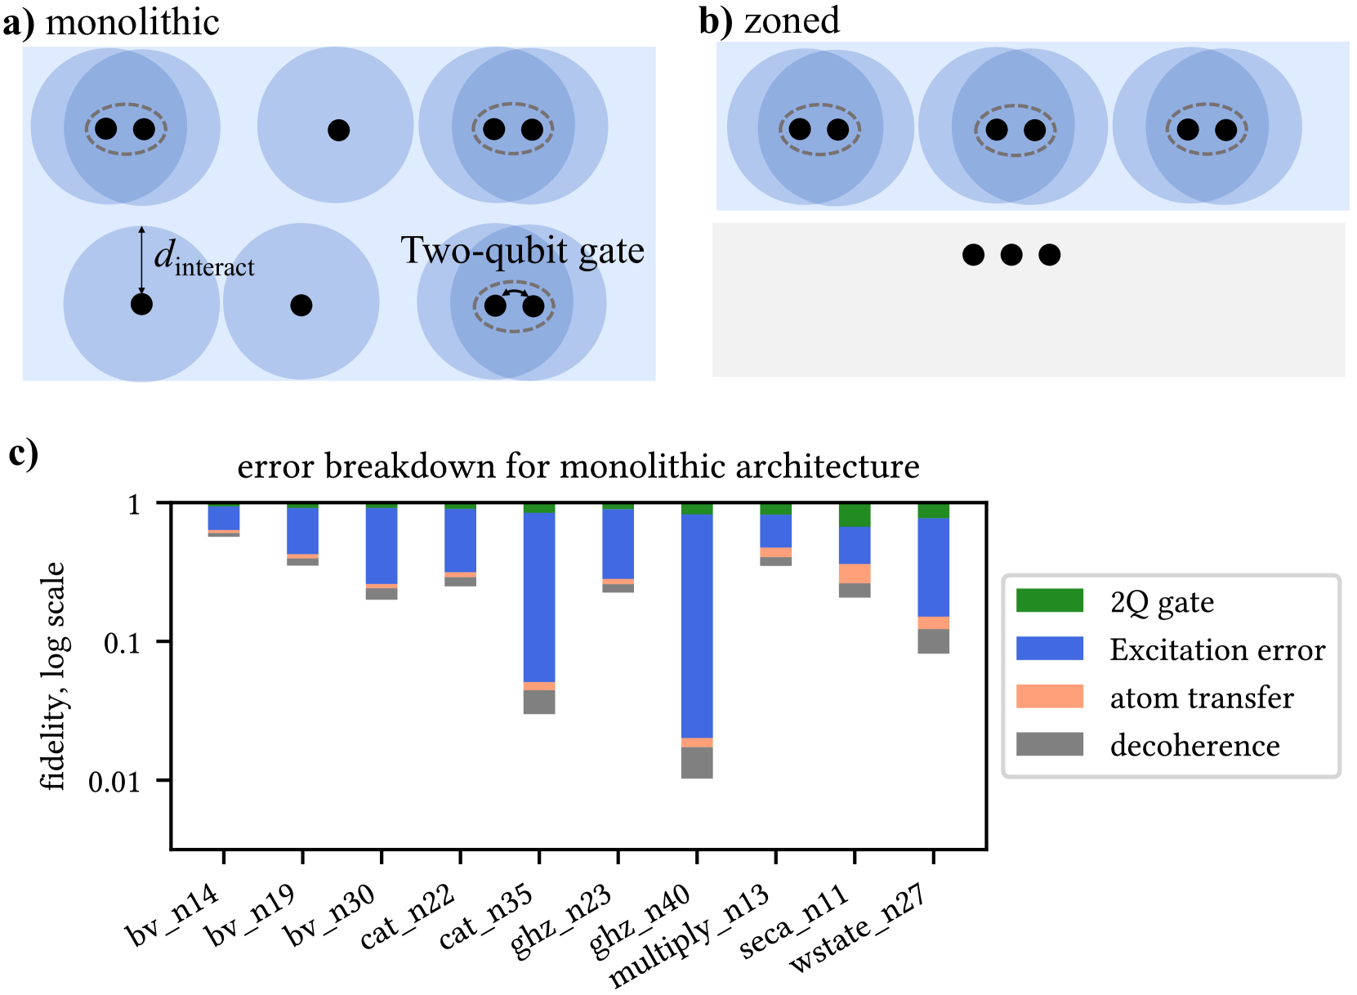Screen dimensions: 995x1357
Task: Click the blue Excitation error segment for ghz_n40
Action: [697, 625]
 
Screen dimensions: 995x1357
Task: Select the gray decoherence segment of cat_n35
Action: [539, 702]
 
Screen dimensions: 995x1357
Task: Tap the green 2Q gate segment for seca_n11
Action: [855, 515]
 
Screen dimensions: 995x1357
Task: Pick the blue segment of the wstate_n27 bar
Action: [933, 567]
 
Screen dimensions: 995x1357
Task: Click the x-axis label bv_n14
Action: [174, 914]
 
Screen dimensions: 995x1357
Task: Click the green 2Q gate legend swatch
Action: [1049, 600]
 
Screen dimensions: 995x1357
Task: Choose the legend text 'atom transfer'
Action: [1201, 698]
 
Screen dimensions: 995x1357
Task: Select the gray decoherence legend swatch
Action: [1049, 744]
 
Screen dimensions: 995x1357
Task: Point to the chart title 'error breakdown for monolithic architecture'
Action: [578, 466]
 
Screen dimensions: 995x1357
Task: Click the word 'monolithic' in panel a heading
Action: [132, 22]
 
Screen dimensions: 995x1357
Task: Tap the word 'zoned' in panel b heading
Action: [792, 20]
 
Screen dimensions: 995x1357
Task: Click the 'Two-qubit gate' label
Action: [522, 251]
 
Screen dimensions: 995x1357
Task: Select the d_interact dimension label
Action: [204, 260]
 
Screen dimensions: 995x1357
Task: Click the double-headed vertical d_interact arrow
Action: [141, 260]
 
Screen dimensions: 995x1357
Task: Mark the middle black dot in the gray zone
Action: [1011, 255]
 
